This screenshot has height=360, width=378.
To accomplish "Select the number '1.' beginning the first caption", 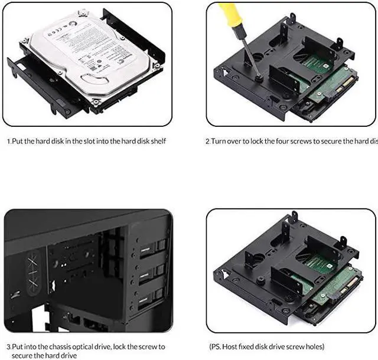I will pos(9,141).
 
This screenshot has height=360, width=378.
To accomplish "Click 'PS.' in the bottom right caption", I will pos(217,347).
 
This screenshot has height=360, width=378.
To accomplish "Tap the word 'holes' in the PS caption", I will pos(314,347).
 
